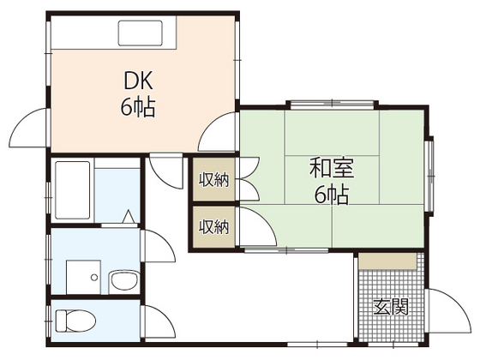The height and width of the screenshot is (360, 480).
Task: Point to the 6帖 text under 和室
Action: pyautogui.click(x=330, y=195)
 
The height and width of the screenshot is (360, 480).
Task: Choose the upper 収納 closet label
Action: pyautogui.click(x=214, y=179)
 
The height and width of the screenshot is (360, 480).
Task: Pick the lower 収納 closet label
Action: pyautogui.click(x=214, y=226)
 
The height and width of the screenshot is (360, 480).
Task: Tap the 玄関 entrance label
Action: pyautogui.click(x=390, y=307)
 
